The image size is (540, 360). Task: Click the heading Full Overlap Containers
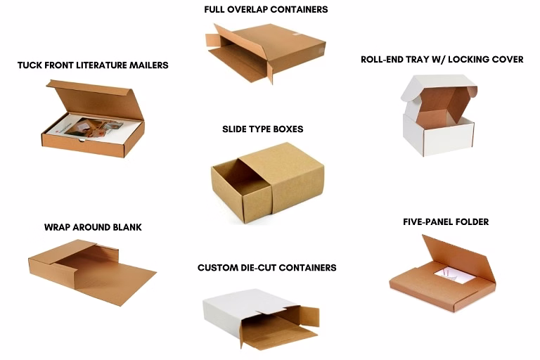pyautogui.click(x=266, y=9)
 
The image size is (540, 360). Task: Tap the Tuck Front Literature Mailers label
pyautogui.click(x=93, y=65)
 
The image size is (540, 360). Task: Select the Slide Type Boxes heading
pyautogui.click(x=263, y=129)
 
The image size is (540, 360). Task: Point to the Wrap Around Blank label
pyautogui.click(x=93, y=227)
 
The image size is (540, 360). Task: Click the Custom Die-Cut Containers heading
pyautogui.click(x=267, y=268)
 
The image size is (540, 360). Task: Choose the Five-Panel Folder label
pyautogui.click(x=446, y=222)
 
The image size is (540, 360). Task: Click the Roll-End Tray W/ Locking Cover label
pyautogui.click(x=442, y=59)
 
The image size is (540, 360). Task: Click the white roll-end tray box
pyautogui.click(x=439, y=115)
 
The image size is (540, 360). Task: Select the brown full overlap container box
pyautogui.click(x=266, y=53)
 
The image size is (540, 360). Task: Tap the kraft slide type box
pyautogui.click(x=267, y=183)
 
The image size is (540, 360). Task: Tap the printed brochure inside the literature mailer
pyautogui.click(x=93, y=129)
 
